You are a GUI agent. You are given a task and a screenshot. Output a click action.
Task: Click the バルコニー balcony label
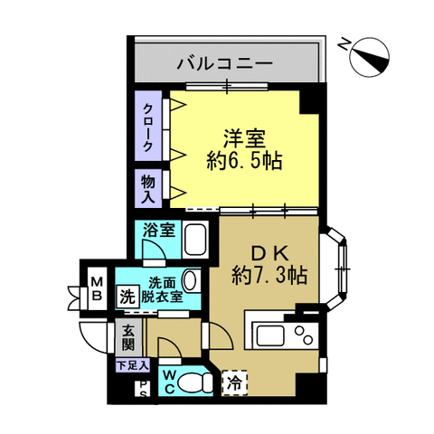[x=224, y=63]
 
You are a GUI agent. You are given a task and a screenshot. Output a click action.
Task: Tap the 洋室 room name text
[x=244, y=139]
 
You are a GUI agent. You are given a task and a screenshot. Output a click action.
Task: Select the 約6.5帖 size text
[x=244, y=161]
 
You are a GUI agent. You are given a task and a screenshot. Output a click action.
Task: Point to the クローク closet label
[x=148, y=127]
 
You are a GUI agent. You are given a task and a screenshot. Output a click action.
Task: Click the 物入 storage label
[x=148, y=190]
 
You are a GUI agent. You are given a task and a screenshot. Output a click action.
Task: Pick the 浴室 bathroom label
[x=158, y=230]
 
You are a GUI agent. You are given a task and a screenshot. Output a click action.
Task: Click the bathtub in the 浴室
[x=195, y=240]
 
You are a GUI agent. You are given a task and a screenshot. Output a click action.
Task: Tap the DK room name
[x=270, y=255]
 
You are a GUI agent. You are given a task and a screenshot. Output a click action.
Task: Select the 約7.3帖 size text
[x=269, y=275]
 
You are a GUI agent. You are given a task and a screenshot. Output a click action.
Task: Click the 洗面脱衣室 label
[x=162, y=290]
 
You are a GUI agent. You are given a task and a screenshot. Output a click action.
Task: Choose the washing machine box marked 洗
[x=127, y=297]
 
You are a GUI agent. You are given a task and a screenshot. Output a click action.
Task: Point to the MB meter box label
[x=97, y=289]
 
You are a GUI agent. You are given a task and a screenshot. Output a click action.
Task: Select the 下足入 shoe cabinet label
[x=133, y=365]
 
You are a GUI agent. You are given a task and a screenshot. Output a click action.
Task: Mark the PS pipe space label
[x=144, y=389]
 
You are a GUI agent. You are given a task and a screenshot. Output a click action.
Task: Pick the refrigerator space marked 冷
[x=234, y=382]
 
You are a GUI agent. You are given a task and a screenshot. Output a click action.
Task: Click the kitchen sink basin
[x=269, y=335]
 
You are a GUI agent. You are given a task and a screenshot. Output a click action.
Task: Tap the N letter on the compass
[x=343, y=44]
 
